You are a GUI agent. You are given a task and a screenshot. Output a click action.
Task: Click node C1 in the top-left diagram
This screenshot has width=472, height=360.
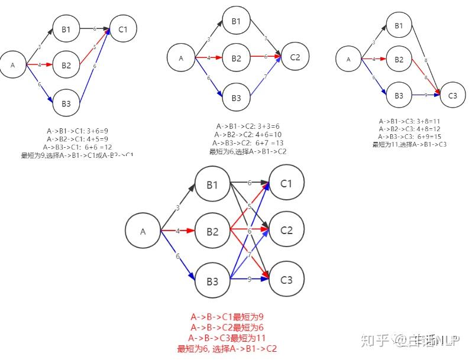[x=124, y=28]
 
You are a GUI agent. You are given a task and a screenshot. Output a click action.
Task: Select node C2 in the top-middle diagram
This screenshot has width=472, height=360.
[x=295, y=57]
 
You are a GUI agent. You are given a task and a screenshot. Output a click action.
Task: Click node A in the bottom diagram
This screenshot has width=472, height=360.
[x=143, y=232]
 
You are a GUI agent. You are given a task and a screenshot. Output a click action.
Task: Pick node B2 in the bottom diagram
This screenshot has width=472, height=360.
[x=212, y=231]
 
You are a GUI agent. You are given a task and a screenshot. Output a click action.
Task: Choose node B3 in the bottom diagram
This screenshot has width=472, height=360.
[x=212, y=280]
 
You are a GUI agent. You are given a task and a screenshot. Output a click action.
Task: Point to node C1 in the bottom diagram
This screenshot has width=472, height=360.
[x=286, y=183]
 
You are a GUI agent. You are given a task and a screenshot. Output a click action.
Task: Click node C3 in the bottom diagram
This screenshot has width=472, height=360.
[x=286, y=280]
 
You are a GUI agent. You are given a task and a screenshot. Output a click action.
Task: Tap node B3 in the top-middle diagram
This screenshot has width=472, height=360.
[x=236, y=98]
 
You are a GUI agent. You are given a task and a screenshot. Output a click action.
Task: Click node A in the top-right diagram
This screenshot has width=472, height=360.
[x=349, y=59]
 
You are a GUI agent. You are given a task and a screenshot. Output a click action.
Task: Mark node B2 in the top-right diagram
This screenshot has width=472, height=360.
[x=399, y=60]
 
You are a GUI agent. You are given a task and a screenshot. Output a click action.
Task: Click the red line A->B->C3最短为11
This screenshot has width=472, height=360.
[x=227, y=338]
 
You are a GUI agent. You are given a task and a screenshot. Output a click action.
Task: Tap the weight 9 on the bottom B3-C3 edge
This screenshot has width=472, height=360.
[x=249, y=279]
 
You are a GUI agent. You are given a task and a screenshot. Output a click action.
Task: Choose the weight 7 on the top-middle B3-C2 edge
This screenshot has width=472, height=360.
[x=266, y=77]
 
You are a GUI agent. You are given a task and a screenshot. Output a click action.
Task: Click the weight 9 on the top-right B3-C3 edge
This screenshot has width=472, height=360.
[x=426, y=95]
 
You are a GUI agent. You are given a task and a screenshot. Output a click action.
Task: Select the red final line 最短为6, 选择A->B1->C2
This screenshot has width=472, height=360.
[x=227, y=349]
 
